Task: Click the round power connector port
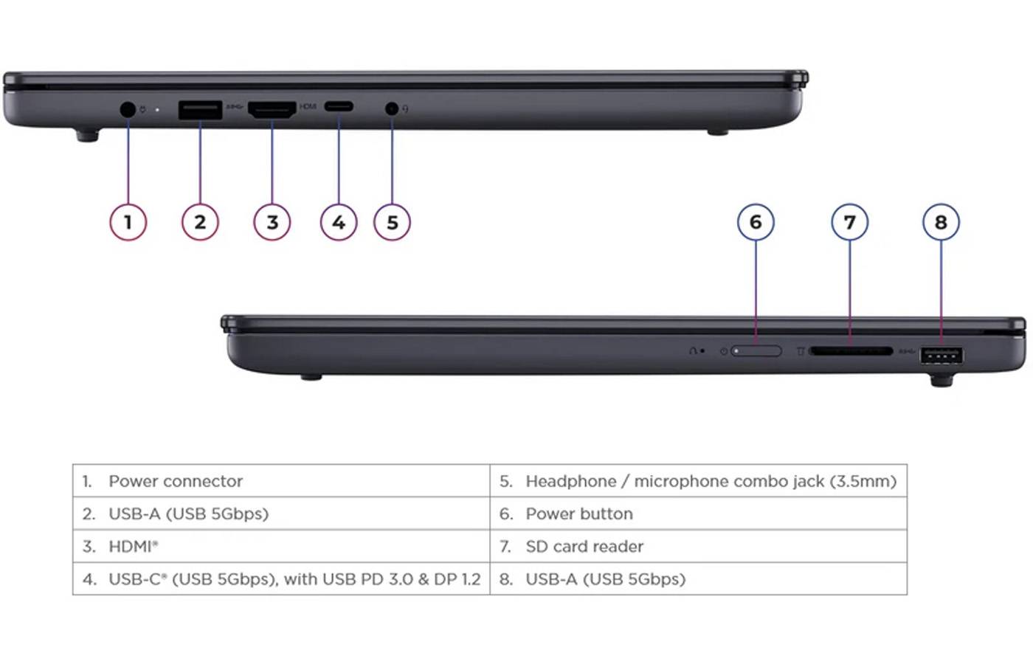tap(128, 110)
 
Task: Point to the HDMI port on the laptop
tap(272, 110)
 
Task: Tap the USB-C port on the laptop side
tap(339, 106)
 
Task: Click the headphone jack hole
tap(392, 109)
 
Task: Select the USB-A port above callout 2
tap(200, 110)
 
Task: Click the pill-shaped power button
tap(756, 351)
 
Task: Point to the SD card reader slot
tap(851, 351)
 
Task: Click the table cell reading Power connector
tap(281, 481)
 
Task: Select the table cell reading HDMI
tap(281, 547)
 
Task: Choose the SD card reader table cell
tap(698, 547)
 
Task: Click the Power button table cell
tap(698, 513)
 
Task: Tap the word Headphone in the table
tap(571, 481)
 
